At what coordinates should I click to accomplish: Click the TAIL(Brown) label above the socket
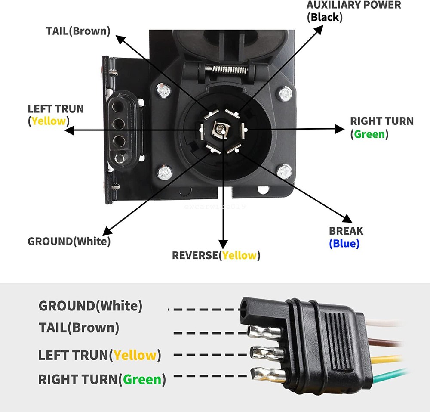[x=78, y=31]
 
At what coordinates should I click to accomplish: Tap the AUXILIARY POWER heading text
[x=353, y=5]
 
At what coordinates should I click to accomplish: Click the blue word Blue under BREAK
[x=344, y=244]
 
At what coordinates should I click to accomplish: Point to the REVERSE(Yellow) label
[x=216, y=255]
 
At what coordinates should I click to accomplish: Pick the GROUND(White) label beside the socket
[x=69, y=241]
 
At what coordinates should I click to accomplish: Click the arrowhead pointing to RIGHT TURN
[x=341, y=128]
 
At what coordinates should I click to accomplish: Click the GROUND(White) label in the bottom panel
[x=90, y=306]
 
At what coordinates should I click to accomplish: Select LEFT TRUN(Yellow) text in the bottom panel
[x=99, y=356]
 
